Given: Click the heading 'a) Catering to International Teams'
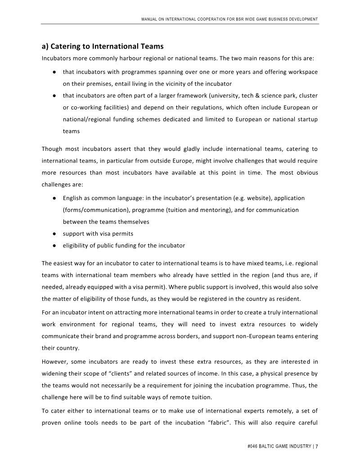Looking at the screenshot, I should point(103,46).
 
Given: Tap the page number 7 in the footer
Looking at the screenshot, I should point(317,446).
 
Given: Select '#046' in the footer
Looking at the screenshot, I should point(253,446).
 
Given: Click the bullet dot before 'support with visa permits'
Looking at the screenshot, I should point(54,234).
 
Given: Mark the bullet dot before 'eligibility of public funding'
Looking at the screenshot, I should point(54,245).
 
